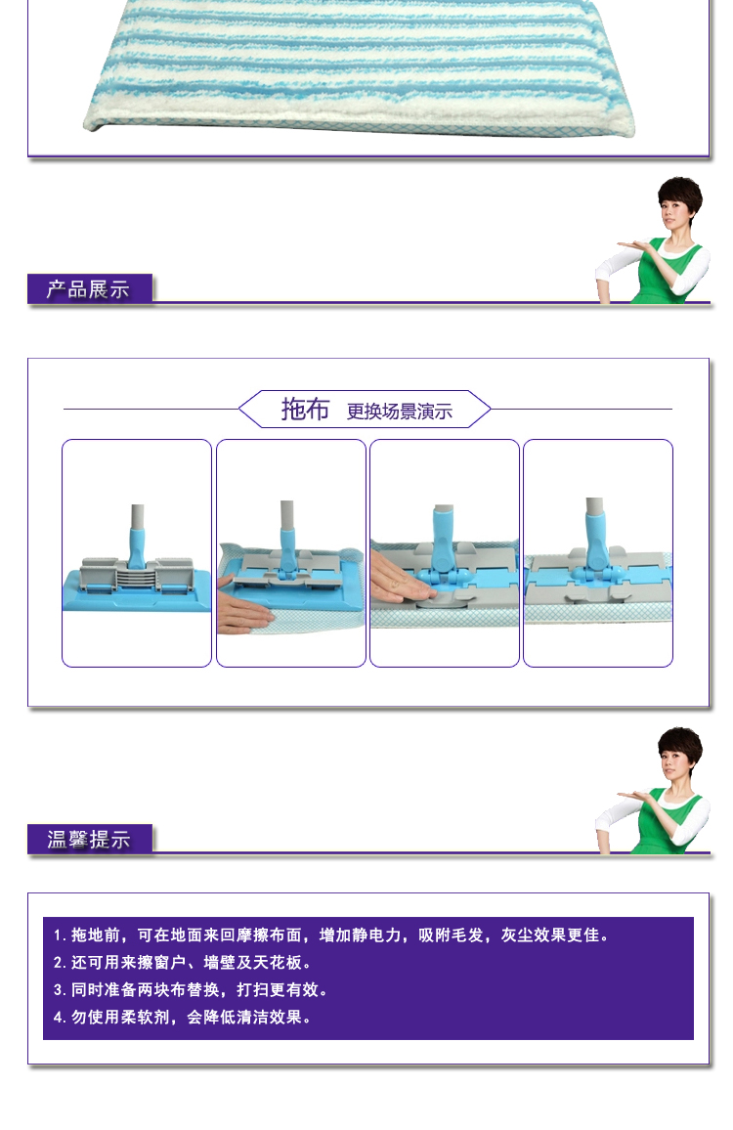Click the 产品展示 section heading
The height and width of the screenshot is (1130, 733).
88,289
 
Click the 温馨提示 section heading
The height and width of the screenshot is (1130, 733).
89,839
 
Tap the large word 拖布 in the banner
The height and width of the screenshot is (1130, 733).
305,409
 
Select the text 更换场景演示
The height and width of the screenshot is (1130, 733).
400,411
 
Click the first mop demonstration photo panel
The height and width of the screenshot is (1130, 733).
137,552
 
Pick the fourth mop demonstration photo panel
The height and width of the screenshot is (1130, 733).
598,552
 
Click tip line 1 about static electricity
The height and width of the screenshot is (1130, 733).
331,934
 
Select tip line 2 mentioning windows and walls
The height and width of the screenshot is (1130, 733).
183,962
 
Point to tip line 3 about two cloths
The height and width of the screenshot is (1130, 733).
191,989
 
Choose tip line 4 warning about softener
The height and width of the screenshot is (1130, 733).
183,1017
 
